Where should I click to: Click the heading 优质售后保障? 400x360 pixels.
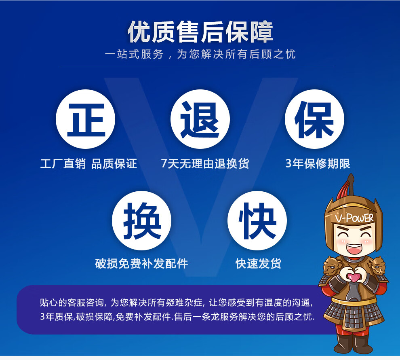[x=200, y=32]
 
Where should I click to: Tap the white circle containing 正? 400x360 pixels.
[x=86, y=119]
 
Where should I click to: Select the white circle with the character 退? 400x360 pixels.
[x=200, y=119]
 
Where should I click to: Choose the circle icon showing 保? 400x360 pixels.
[x=314, y=119]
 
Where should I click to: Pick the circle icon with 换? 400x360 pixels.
[x=141, y=220]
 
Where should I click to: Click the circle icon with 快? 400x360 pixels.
[x=257, y=220]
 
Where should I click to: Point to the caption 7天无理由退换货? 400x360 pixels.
[x=205, y=164]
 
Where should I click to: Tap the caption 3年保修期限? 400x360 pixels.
[x=318, y=164]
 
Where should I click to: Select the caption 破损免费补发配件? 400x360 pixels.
[x=141, y=264]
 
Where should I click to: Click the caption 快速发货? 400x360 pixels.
[x=258, y=264]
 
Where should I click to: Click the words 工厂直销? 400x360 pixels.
[x=63, y=164]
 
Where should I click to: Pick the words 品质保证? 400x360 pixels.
[x=114, y=164]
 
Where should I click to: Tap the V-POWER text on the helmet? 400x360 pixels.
[x=354, y=218]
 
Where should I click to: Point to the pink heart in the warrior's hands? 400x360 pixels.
[x=354, y=277]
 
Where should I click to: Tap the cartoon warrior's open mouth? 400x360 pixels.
[x=354, y=248]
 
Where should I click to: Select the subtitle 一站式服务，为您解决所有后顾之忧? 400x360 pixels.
[x=200, y=54]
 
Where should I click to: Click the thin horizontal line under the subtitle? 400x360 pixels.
[x=197, y=67]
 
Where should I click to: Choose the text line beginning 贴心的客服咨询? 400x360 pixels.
[x=176, y=303]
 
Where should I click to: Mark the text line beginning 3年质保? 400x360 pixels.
[x=177, y=317]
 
